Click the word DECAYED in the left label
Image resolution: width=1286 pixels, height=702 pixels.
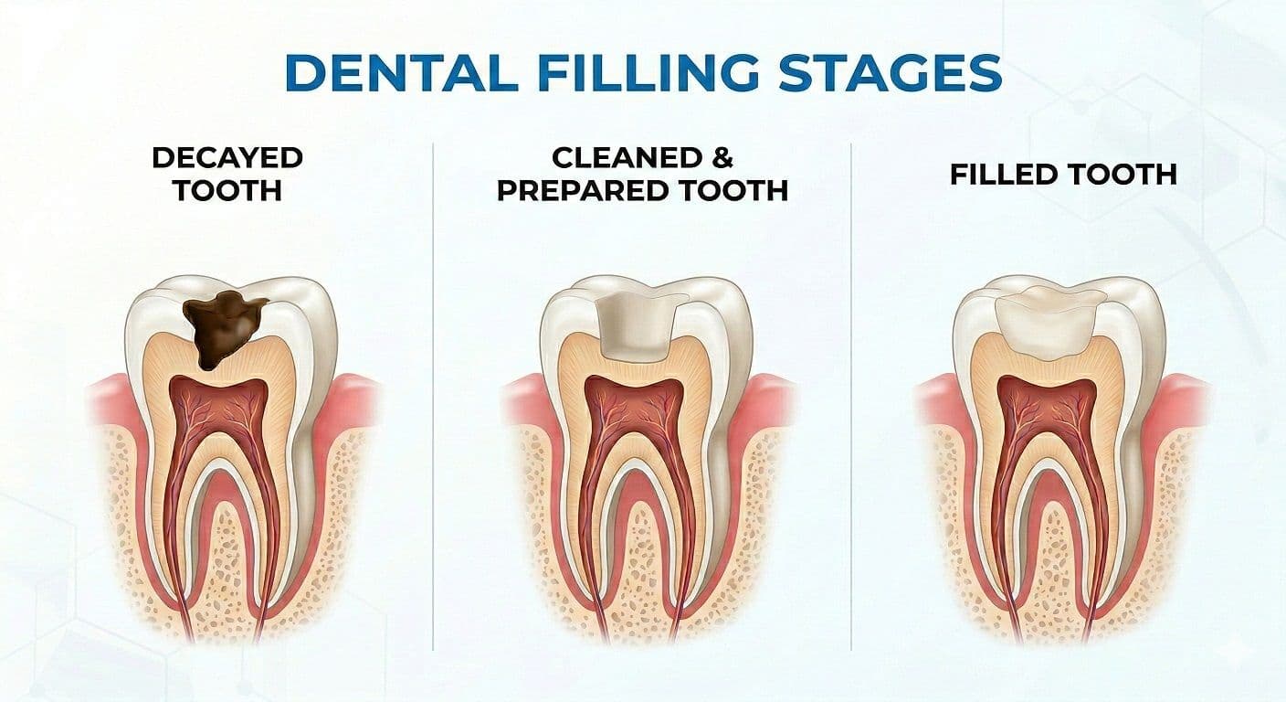[227, 157]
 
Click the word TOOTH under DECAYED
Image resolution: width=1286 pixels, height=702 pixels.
[227, 190]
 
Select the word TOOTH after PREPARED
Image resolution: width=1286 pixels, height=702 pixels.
[736, 190]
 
